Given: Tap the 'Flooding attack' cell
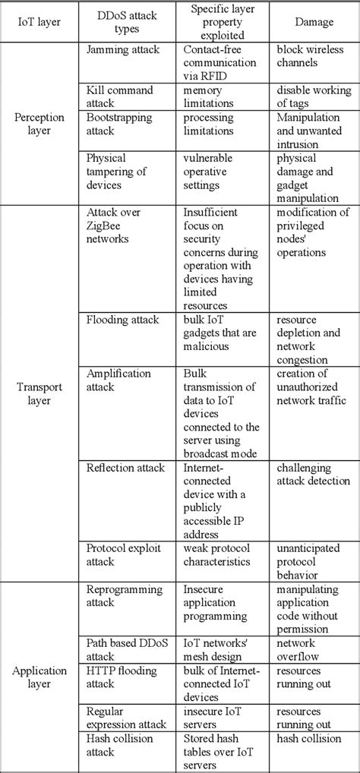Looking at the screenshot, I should (x=123, y=320).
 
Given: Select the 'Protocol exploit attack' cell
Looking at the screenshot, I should (x=123, y=555).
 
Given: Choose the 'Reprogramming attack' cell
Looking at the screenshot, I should (x=125, y=595).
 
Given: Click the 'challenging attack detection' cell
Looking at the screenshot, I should (x=313, y=475).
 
